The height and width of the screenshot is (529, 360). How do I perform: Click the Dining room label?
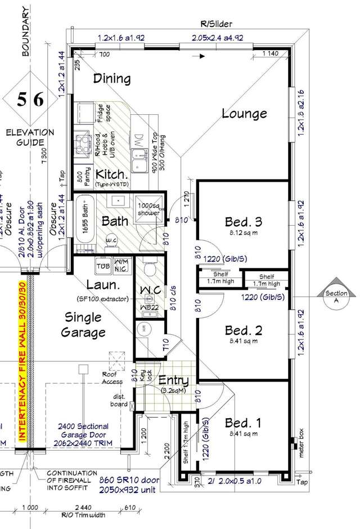(x=111, y=78)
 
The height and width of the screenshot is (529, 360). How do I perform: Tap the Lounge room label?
(x=244, y=113)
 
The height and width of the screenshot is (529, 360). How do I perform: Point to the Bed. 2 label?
(x=244, y=329)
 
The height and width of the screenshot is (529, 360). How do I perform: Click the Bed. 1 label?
(x=243, y=423)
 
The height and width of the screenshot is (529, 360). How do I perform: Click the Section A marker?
(x=336, y=295)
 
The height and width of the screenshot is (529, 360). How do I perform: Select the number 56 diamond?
(x=29, y=100)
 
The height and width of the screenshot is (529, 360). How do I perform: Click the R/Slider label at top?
(x=217, y=24)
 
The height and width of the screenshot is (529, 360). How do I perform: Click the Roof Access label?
(x=112, y=378)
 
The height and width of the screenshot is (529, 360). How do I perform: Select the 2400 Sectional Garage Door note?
(x=82, y=431)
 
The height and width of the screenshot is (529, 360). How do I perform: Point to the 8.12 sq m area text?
(x=244, y=231)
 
